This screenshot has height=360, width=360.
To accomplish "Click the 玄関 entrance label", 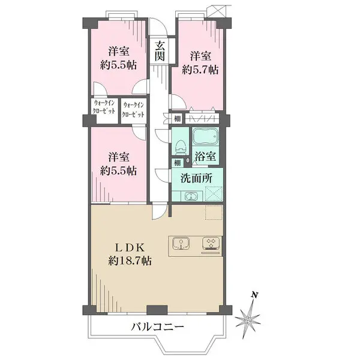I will point(160,51).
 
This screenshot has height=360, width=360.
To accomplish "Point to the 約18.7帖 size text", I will point(130,261).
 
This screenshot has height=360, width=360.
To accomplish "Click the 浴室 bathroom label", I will point(208,157).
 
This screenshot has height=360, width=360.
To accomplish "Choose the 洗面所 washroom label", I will point(197,178).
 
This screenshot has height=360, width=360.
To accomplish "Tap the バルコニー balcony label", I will point(157,328).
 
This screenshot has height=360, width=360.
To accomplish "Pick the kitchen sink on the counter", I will point(181,244).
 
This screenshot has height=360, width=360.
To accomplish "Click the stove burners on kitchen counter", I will point(211,244).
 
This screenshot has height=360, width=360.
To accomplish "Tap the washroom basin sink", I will point(190,196).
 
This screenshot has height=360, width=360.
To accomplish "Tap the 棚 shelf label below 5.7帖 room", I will point(178,119).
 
